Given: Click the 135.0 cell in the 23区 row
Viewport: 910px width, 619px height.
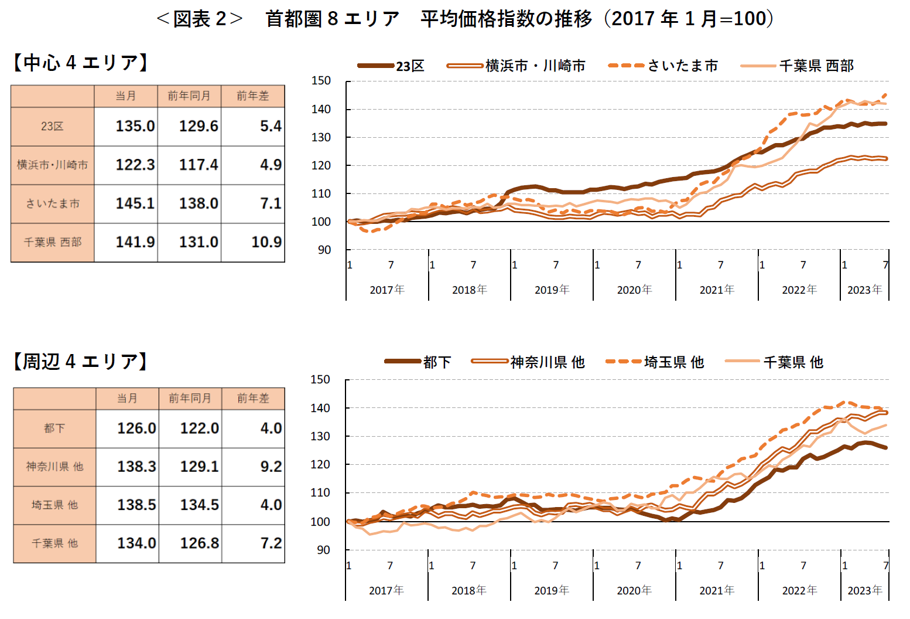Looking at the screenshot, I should pos(135,126).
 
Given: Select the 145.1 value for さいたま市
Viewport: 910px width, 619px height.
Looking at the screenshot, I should pos(135,203).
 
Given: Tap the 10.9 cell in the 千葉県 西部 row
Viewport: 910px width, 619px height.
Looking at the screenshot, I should pos(266,242).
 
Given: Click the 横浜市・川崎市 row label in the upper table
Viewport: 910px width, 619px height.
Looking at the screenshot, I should pos(52,165).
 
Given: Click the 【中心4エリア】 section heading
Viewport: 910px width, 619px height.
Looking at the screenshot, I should pos(81,62).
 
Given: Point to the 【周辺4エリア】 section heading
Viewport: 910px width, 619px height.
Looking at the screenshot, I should pos(81,361).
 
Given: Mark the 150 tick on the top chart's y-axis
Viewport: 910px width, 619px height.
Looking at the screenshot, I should pos(321,81).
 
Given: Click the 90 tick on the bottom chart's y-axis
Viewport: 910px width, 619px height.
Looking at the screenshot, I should pos(323,550).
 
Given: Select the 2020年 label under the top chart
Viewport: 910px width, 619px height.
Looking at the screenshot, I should pos(634,290).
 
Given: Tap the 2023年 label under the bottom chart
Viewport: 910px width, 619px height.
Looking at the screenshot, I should pos(864,590).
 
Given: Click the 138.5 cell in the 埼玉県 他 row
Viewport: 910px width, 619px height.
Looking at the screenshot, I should pos(136,505).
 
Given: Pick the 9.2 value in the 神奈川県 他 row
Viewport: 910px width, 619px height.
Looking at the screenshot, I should pos(271,467).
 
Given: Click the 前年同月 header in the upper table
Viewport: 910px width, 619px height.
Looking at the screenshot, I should pos(189,96).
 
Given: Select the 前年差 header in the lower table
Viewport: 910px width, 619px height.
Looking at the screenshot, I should pos(253,399).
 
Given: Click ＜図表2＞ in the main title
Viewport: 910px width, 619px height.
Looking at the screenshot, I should pos(200,19).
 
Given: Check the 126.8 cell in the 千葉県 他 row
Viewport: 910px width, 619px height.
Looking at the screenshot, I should pos(199,543).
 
